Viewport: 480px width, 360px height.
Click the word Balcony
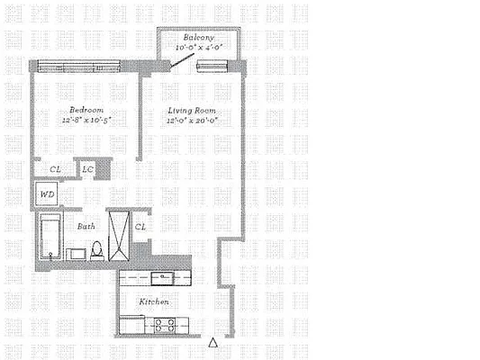click(x=196, y=38)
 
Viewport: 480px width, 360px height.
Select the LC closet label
click(x=88, y=169)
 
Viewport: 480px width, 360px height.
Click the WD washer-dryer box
click(x=44, y=193)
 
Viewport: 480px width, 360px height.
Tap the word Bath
click(x=86, y=227)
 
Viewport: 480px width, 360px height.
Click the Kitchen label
click(x=154, y=301)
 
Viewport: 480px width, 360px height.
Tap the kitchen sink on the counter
click(x=162, y=277)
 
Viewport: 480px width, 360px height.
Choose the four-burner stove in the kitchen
click(x=163, y=324)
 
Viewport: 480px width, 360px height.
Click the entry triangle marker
click(x=213, y=342)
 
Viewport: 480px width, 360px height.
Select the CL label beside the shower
click(x=140, y=227)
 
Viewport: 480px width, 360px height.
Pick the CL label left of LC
click(x=55, y=169)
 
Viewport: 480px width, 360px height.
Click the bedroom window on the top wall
click(x=77, y=66)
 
